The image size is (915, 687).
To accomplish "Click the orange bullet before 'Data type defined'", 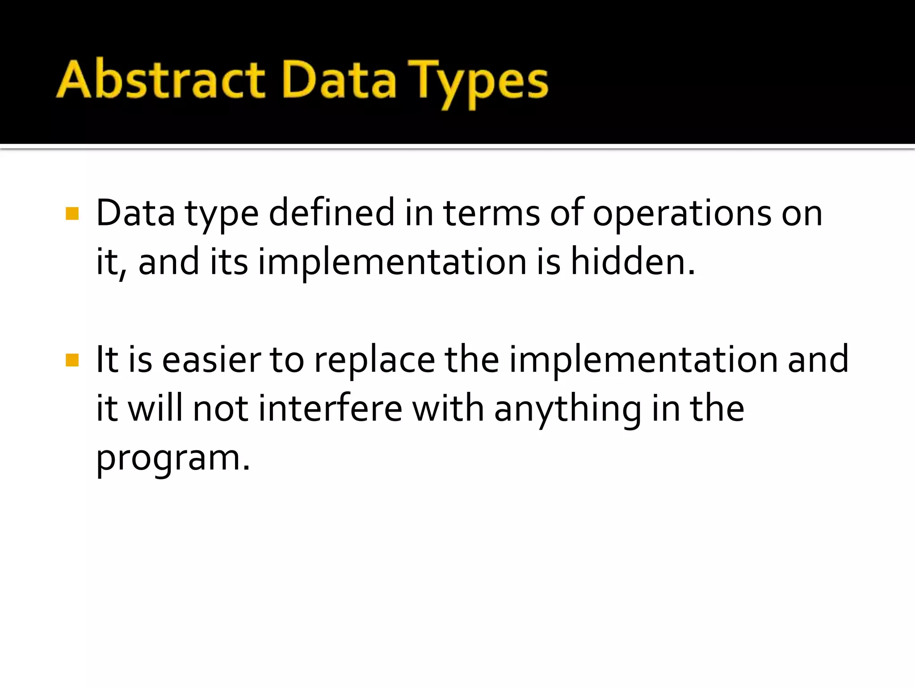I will [72, 213].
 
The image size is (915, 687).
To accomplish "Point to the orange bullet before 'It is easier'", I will [72, 360].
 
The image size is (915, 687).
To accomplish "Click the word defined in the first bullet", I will [332, 213].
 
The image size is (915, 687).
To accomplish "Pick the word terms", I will [491, 213].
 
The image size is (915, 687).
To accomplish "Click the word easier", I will [211, 360].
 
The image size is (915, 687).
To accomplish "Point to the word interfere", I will [331, 408].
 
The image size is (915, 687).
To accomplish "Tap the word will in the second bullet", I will [155, 408].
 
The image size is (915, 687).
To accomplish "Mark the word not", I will [220, 409].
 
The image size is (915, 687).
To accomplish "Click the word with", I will [448, 408].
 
